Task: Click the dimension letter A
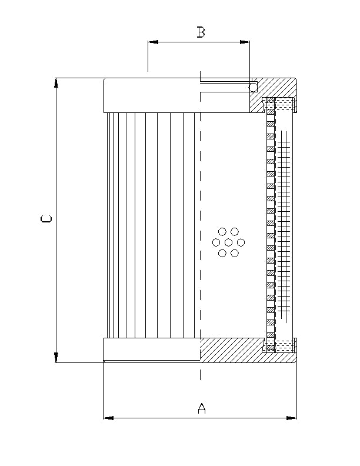click(x=201, y=408)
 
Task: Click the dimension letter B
click(x=201, y=32)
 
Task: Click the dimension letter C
click(x=46, y=219)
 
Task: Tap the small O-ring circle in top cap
click(x=253, y=87)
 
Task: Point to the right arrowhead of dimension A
click(x=292, y=418)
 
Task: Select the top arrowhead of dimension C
click(x=56, y=83)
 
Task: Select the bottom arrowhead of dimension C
click(x=56, y=357)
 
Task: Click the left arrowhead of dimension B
click(x=152, y=42)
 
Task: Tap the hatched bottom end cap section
click(x=235, y=351)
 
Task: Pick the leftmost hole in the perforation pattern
click(x=216, y=242)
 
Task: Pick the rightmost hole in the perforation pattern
click(x=241, y=242)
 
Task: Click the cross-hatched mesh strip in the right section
click(x=284, y=224)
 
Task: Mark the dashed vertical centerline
click(x=200, y=177)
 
